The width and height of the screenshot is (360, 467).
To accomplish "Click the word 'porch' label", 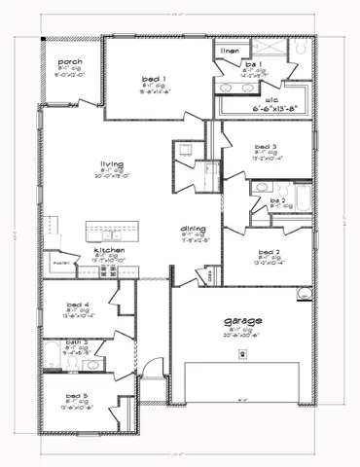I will pos(70,61).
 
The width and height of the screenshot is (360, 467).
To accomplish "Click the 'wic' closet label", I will pos(260,99).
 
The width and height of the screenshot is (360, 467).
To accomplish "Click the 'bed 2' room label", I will pos(269,251).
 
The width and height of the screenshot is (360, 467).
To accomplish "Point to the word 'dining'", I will pos(193,230).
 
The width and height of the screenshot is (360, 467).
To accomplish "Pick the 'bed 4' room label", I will pos(78,304).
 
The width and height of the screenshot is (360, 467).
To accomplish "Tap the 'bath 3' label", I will pos(78,342).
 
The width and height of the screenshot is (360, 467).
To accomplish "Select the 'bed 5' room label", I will pos(78,395).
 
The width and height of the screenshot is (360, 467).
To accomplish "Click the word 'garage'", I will pos(234,322).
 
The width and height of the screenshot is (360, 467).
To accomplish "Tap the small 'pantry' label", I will pos(57,263).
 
